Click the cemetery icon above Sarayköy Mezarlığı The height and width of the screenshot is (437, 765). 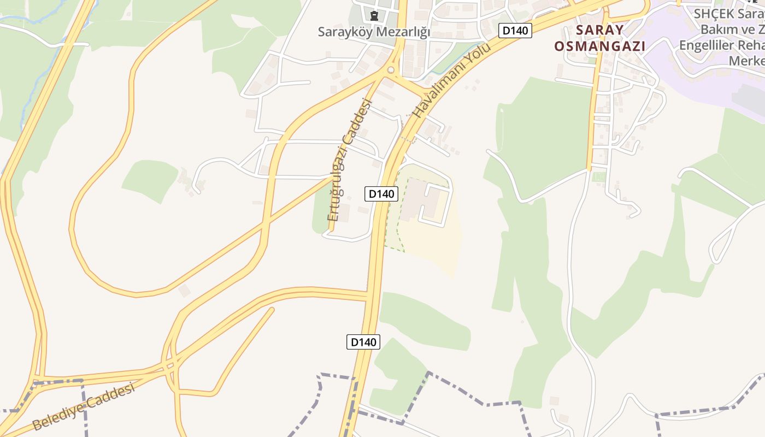374,15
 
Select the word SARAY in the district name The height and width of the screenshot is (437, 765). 599,30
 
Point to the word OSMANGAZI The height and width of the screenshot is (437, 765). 599,46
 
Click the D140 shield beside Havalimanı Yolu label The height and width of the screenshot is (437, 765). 515,31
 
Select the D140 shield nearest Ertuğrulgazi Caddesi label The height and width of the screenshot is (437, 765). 381,193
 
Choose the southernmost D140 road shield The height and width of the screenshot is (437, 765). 363,342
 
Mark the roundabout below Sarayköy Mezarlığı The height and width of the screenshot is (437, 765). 391,70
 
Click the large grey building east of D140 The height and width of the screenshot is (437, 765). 421,200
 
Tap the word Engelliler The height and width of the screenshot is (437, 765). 709,45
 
